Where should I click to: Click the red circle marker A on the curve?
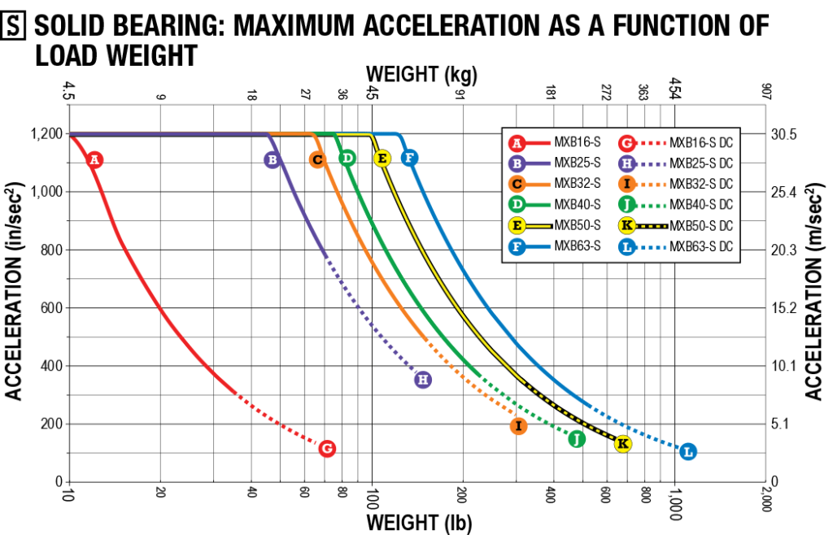[x=94, y=159]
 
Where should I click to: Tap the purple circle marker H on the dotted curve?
[x=422, y=380]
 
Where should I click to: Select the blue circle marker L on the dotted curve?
[x=687, y=451]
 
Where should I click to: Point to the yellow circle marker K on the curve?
[x=622, y=444]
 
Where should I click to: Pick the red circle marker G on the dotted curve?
[x=327, y=448]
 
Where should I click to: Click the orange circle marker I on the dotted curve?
[x=518, y=426]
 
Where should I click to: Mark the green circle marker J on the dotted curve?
[x=577, y=439]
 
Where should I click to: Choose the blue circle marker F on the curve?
[x=410, y=158]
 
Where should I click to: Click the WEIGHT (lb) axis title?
[x=418, y=521]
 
